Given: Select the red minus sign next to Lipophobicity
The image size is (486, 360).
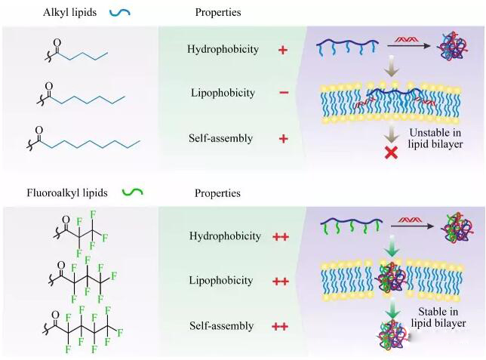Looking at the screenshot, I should [x=283, y=94].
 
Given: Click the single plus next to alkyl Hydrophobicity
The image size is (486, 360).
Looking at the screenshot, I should [x=283, y=50].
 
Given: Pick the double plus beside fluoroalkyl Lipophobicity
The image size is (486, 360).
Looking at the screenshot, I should [x=280, y=281].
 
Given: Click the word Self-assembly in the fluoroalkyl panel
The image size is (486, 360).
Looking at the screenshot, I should [x=221, y=326].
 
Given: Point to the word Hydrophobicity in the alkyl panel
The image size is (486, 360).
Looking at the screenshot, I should [x=223, y=50].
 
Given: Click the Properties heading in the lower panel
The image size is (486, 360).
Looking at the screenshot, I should [x=217, y=192].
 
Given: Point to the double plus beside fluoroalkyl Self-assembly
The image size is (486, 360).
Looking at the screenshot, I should [x=280, y=326].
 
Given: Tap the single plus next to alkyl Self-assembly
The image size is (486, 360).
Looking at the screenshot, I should [x=283, y=139].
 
